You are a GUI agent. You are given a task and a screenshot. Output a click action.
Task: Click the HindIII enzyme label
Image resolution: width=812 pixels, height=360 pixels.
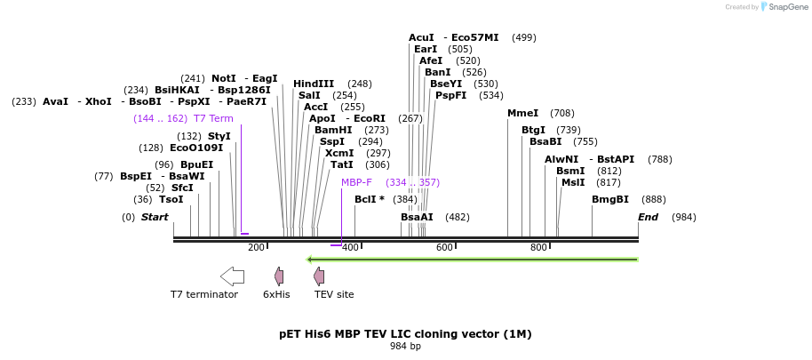(x=314, y=84)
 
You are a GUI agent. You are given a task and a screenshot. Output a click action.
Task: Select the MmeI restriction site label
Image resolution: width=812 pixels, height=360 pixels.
(x=522, y=113)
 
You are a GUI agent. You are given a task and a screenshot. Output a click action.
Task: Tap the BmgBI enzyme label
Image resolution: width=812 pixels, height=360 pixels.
(x=609, y=199)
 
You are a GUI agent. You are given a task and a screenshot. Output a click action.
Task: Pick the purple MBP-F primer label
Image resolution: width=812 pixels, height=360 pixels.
(x=356, y=182)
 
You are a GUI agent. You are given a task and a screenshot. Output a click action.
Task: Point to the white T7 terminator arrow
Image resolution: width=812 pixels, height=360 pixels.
(x=232, y=276)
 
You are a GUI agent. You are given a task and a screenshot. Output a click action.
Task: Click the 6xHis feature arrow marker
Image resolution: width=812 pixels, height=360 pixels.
(x=278, y=276)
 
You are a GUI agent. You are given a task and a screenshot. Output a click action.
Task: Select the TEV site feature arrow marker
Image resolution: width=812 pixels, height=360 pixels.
(x=318, y=276)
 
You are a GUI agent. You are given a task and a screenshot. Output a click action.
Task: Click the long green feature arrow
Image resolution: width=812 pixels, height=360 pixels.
(x=472, y=260)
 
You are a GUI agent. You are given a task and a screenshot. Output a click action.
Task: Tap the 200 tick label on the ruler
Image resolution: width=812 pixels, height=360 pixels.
(x=256, y=247)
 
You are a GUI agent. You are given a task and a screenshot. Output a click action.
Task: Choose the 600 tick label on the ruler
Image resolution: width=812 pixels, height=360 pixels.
(x=444, y=247)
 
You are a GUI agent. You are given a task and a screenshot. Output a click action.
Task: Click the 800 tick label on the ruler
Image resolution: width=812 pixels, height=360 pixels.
(x=538, y=247)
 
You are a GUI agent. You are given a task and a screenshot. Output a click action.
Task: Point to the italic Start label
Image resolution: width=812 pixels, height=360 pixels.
(x=155, y=217)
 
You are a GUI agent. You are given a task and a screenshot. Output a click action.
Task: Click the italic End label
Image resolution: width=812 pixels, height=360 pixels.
(x=649, y=217)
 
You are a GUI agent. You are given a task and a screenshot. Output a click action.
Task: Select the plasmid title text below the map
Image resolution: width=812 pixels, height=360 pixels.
(x=405, y=334)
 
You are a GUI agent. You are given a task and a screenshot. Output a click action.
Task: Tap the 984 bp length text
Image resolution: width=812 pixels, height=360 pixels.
(x=405, y=346)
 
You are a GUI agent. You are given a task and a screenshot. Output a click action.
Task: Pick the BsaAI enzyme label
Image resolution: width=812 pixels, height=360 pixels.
(x=417, y=217)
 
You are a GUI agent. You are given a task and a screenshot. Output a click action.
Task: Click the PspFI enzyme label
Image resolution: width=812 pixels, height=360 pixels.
(x=450, y=95)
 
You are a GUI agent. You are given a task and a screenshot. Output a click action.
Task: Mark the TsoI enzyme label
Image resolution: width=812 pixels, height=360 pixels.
(x=171, y=199)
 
